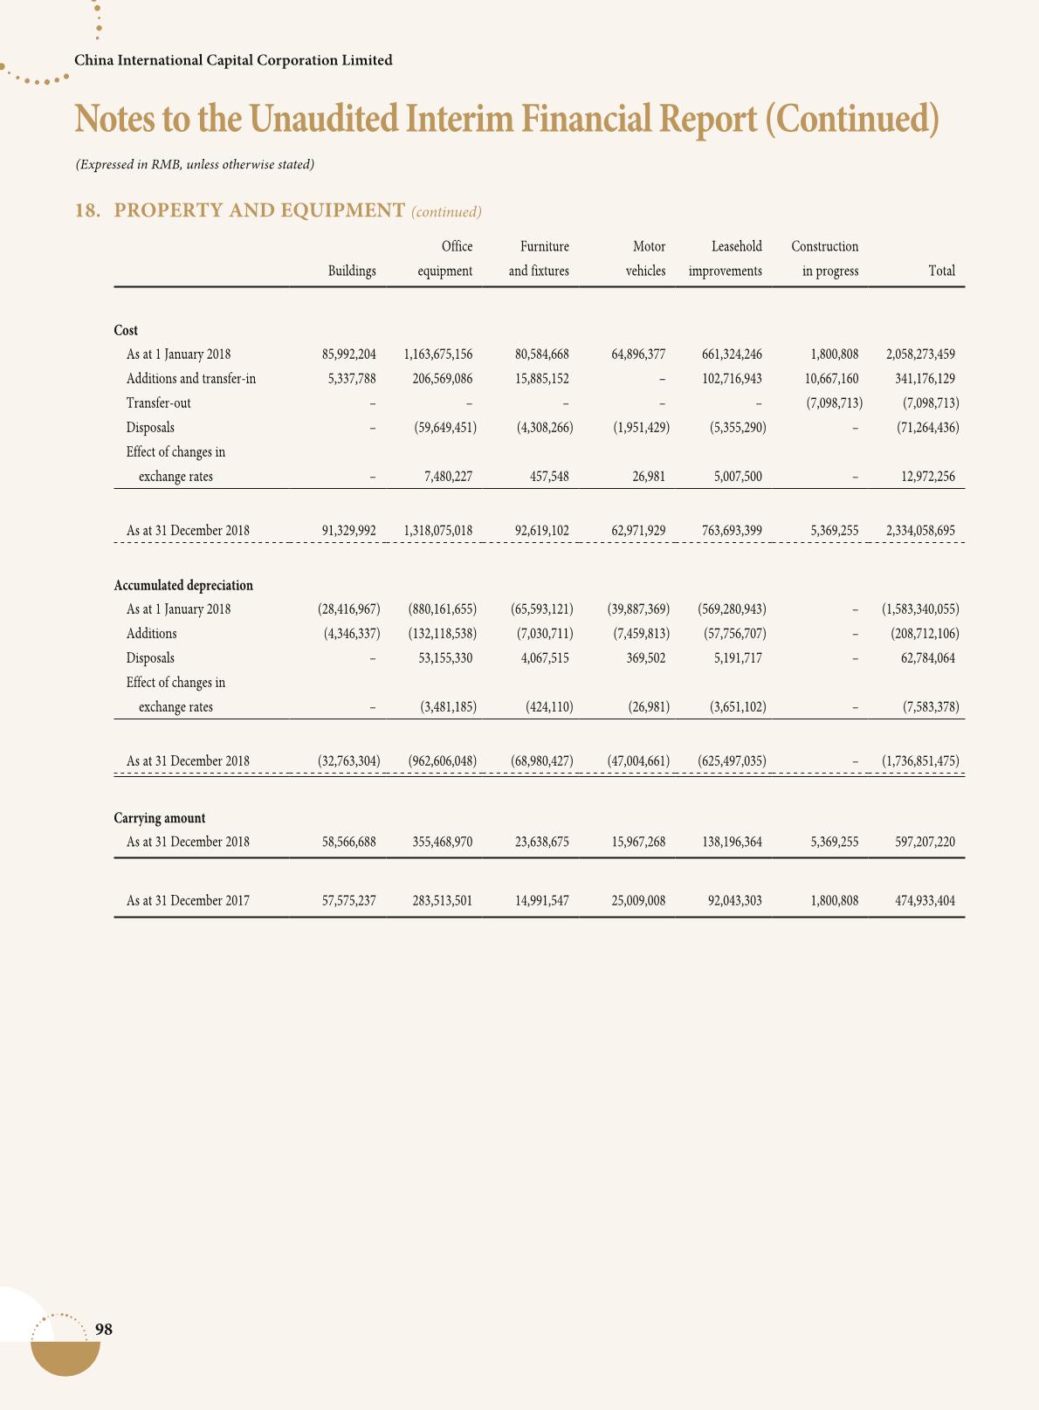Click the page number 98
tap(103, 1330)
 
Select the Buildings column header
tap(352, 272)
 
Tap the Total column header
tap(941, 272)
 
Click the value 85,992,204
tap(349, 354)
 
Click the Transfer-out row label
tap(158, 403)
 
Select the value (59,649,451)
tap(444, 428)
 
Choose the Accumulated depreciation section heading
tap(183, 585)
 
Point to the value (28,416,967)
tap(348, 609)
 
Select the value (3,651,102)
tap(732, 707)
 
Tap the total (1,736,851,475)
tap(920, 761)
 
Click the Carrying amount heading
tap(160, 818)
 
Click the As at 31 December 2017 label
tap(188, 900)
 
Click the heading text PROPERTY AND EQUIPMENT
tap(259, 210)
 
